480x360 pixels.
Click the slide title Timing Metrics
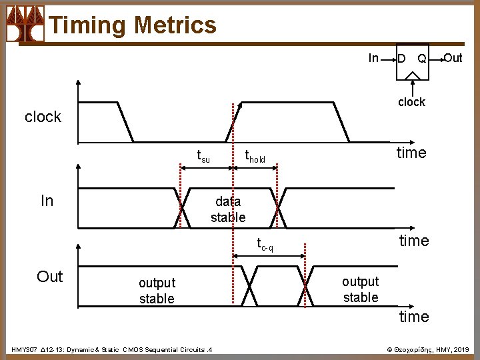coord(133,25)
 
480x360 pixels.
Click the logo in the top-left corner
coord(25,24)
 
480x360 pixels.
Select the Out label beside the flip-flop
coord(453,58)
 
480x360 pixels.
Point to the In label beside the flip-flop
coord(374,59)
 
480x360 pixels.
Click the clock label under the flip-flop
coord(411,102)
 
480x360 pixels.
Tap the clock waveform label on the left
coord(43,117)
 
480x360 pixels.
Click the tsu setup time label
coord(203,157)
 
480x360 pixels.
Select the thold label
coord(255,157)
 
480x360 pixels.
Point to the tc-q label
coord(265,245)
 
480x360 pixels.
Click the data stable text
coord(228,209)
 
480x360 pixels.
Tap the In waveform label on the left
coord(47,201)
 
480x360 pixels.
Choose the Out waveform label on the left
coord(50,277)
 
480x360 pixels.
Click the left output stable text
coord(157,291)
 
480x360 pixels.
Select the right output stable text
coord(361,289)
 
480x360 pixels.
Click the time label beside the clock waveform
coord(411,153)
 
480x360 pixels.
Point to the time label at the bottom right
coord(414,317)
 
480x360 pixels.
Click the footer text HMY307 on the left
coord(111,349)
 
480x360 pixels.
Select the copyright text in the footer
coord(428,349)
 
